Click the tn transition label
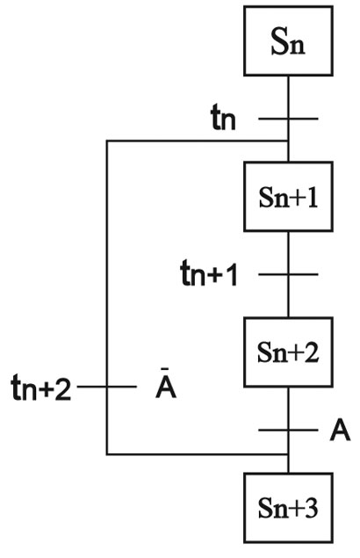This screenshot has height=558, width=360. pyautogui.click(x=223, y=117)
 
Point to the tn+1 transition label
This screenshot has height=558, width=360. pyautogui.click(x=209, y=273)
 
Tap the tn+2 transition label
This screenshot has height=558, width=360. pyautogui.click(x=41, y=388)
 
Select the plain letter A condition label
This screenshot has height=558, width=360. pyautogui.click(x=340, y=430)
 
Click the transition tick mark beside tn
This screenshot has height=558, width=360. pyautogui.click(x=288, y=119)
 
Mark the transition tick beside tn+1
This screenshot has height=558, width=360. pyautogui.click(x=288, y=274)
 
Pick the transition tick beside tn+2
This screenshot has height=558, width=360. pyautogui.click(x=107, y=387)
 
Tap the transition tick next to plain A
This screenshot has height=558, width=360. pyautogui.click(x=288, y=431)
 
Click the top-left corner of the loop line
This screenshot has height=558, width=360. pyautogui.click(x=107, y=141)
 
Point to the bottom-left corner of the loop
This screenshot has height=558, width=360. pyautogui.click(x=107, y=454)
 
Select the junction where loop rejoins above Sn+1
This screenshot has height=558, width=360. pyautogui.click(x=288, y=141)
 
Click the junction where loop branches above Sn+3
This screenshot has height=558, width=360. pyautogui.click(x=288, y=454)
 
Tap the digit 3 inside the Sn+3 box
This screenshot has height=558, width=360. pyautogui.click(x=310, y=508)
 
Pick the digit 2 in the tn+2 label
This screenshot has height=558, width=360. pyautogui.click(x=64, y=388)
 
